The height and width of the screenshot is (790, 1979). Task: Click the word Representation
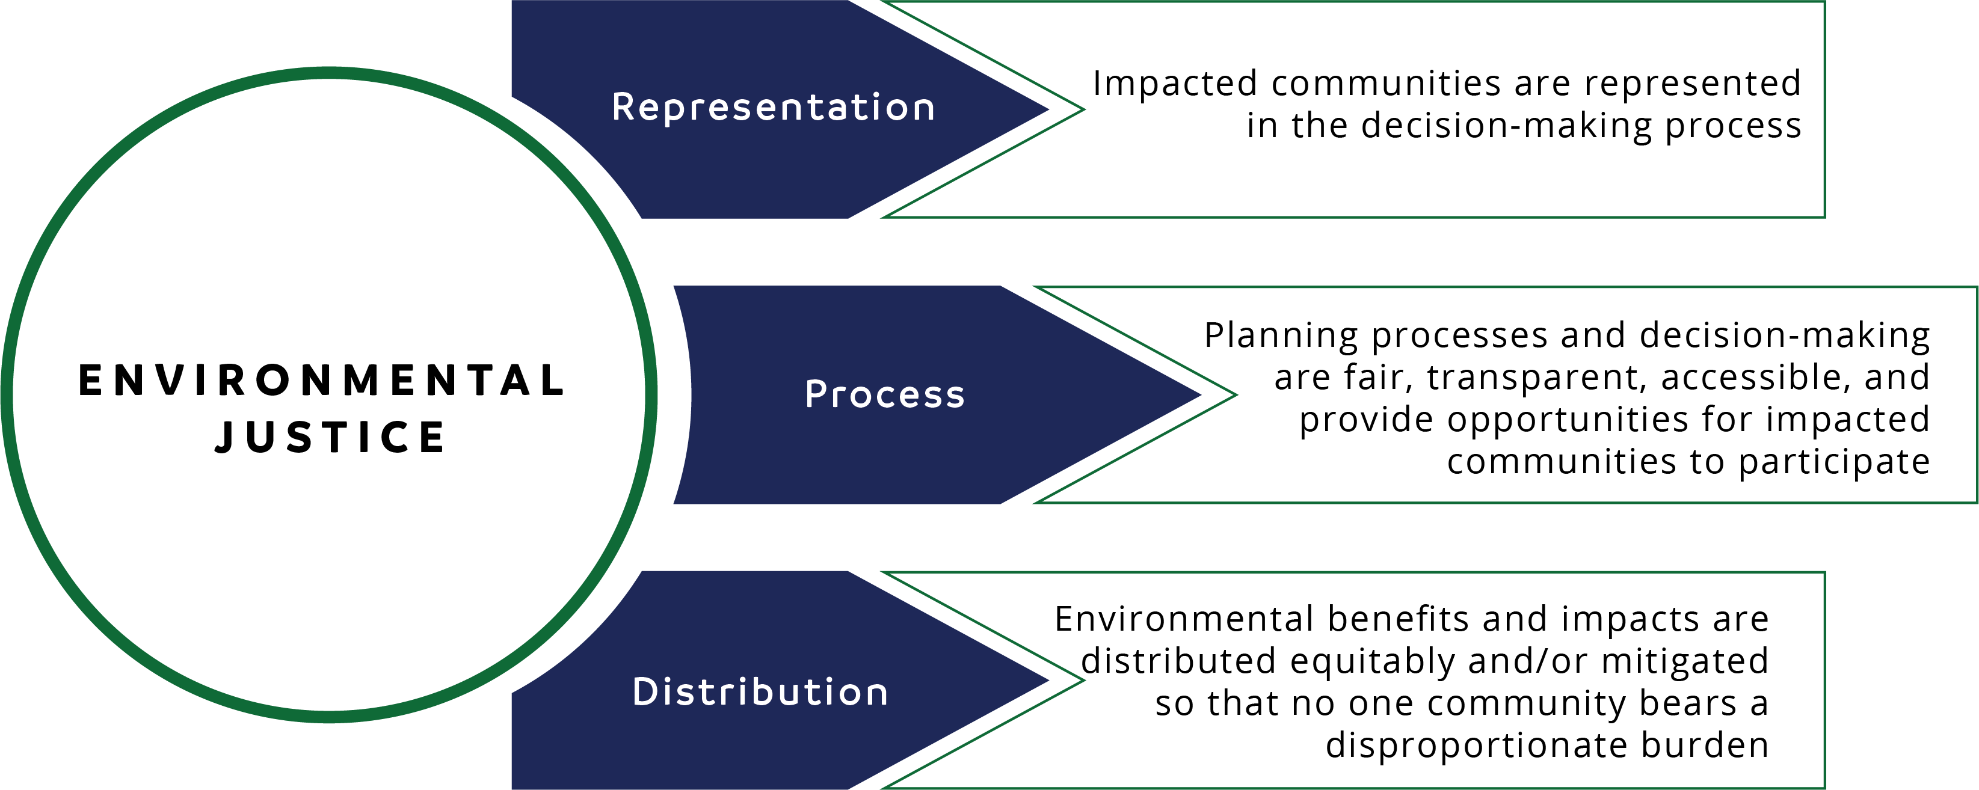773,108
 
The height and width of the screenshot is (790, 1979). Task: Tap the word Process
884,394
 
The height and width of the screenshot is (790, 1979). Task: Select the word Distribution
760,692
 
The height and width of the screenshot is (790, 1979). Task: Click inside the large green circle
329,394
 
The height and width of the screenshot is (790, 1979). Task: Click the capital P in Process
814,394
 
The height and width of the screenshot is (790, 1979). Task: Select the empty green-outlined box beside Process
1605,394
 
